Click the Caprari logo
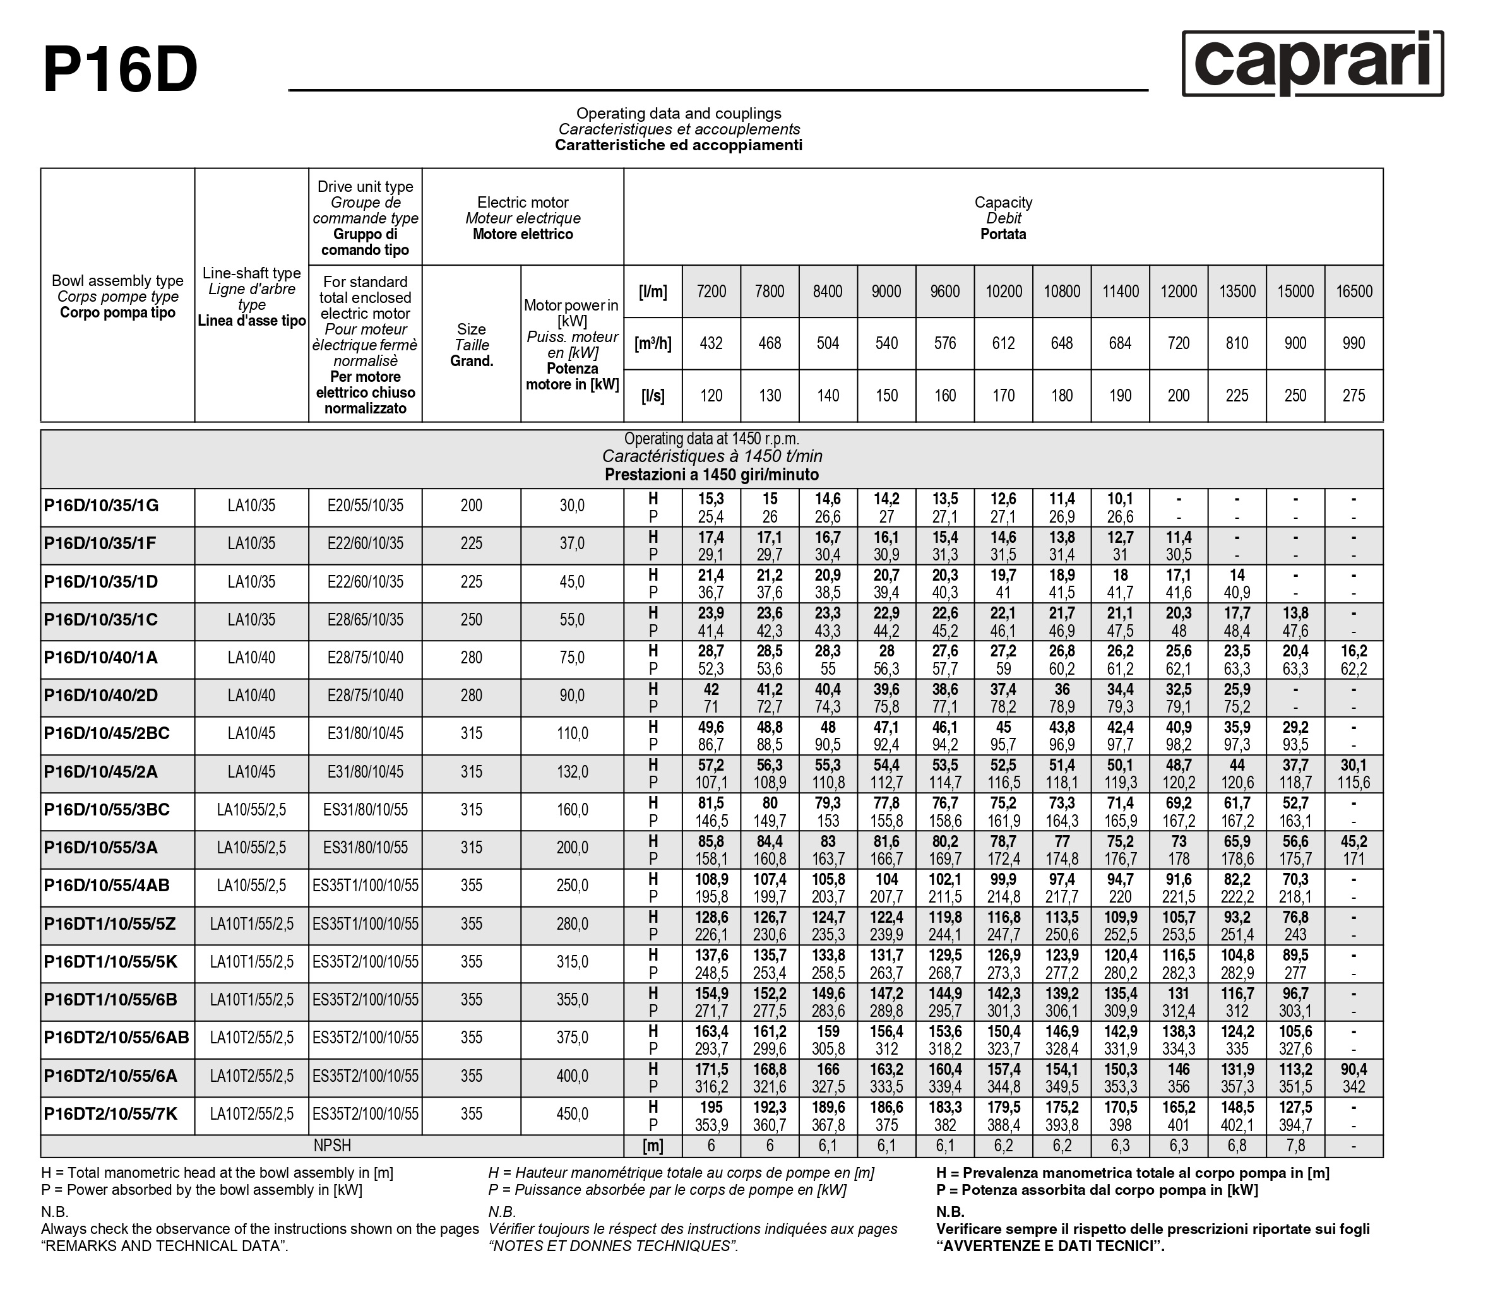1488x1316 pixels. [x=1312, y=63]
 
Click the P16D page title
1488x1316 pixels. [x=120, y=71]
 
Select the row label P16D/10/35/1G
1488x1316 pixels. [x=101, y=506]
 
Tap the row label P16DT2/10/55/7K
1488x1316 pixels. [x=110, y=1115]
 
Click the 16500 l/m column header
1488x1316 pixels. [x=1354, y=292]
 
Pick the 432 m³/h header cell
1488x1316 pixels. [x=711, y=343]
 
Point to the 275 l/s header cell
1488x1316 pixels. [x=1354, y=396]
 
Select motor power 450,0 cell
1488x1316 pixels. [x=572, y=1115]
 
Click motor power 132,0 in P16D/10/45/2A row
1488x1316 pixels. [x=572, y=773]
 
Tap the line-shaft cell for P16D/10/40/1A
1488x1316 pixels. [x=251, y=658]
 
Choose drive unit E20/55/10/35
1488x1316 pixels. [x=365, y=506]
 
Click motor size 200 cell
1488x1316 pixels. [x=471, y=506]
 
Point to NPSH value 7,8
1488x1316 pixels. [x=1295, y=1146]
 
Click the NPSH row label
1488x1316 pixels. [x=332, y=1146]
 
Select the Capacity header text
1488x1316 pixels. [x=1003, y=203]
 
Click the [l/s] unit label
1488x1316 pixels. [x=652, y=396]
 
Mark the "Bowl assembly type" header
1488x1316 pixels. [x=117, y=281]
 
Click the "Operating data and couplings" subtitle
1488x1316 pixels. [x=679, y=114]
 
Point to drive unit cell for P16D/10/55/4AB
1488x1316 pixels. [x=365, y=886]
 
